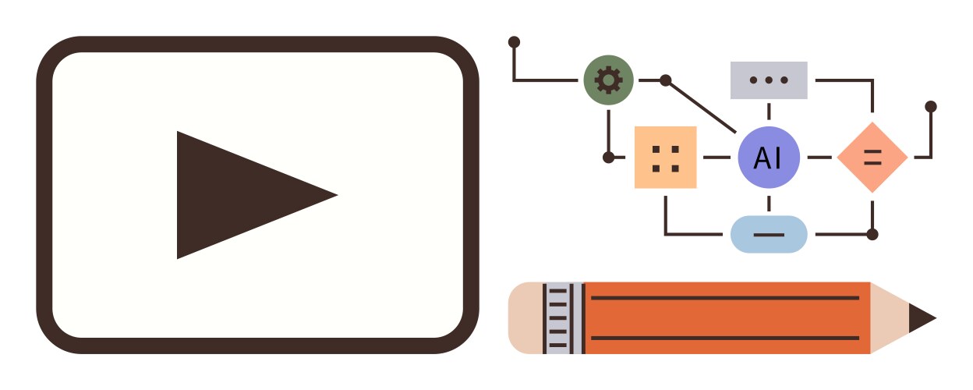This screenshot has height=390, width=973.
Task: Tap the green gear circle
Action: (608, 80)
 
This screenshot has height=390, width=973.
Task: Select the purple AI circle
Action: (769, 158)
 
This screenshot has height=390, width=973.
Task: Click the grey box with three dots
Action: (769, 80)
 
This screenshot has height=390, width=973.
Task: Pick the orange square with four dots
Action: (666, 158)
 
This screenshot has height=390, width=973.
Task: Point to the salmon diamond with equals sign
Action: (872, 158)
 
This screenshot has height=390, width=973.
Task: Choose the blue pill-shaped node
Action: (769, 234)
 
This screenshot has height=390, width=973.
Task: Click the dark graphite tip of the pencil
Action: (921, 318)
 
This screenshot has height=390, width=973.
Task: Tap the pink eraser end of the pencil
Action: (525, 318)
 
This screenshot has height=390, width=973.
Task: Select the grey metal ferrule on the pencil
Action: (564, 318)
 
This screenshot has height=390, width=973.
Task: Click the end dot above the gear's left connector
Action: (514, 42)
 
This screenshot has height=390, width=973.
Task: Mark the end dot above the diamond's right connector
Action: (931, 107)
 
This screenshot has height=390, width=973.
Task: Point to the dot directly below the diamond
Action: (872, 234)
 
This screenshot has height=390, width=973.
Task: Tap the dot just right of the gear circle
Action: (666, 80)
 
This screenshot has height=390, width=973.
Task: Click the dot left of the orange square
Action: (609, 158)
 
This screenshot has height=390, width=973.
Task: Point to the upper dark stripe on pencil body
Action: (725, 298)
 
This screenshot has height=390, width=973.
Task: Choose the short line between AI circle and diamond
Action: (819, 158)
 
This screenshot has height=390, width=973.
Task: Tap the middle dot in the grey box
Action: (769, 80)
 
